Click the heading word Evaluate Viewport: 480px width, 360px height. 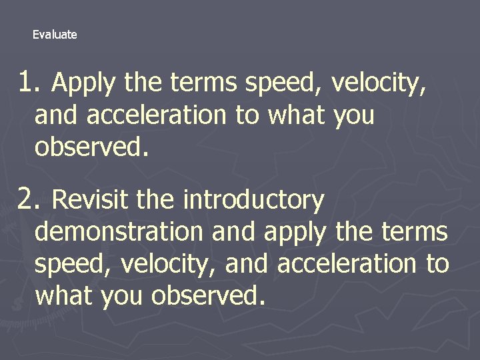[55, 35]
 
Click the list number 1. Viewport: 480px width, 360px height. [27, 83]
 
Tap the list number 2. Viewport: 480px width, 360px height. [27, 198]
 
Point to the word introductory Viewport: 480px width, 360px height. [253, 199]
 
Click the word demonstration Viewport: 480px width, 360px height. [118, 232]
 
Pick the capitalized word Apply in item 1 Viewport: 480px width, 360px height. [83, 84]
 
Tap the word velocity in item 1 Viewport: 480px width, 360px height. [378, 84]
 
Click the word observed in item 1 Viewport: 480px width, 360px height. [91, 147]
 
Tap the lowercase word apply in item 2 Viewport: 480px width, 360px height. [295, 233]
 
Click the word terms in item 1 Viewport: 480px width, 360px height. [205, 84]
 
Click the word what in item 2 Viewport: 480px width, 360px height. [64, 295]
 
